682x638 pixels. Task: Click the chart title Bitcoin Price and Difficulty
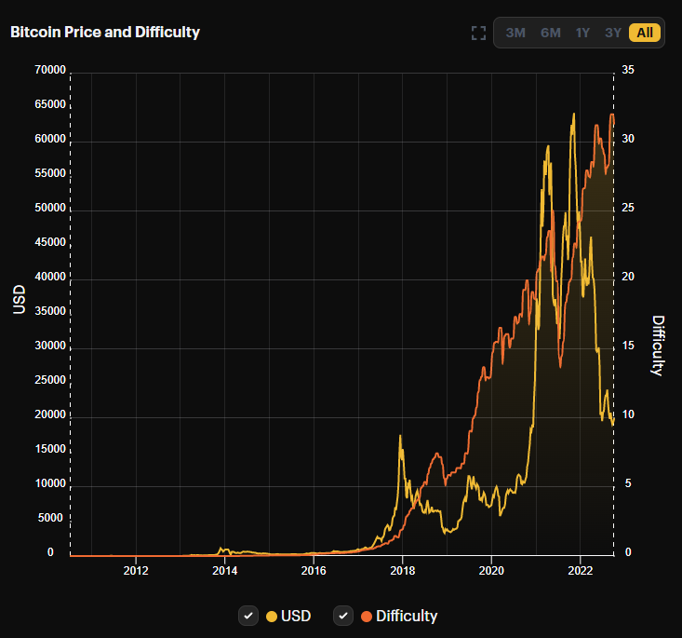pos(105,33)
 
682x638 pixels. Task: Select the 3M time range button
pos(515,33)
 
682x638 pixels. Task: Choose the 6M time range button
pos(551,33)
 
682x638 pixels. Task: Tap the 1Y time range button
pos(582,33)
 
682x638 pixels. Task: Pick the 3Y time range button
pos(612,33)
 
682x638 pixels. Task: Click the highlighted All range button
pos(645,33)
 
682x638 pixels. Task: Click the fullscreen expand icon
pos(478,34)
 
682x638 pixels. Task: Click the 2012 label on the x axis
pos(136,570)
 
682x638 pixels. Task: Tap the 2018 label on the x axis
pos(402,570)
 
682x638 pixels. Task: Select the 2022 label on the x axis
pos(580,570)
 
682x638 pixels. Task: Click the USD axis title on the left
pos(19,298)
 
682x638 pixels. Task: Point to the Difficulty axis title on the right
pos(659,345)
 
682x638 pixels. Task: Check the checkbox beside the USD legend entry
pos(248,616)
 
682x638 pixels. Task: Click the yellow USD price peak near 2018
pos(400,436)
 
